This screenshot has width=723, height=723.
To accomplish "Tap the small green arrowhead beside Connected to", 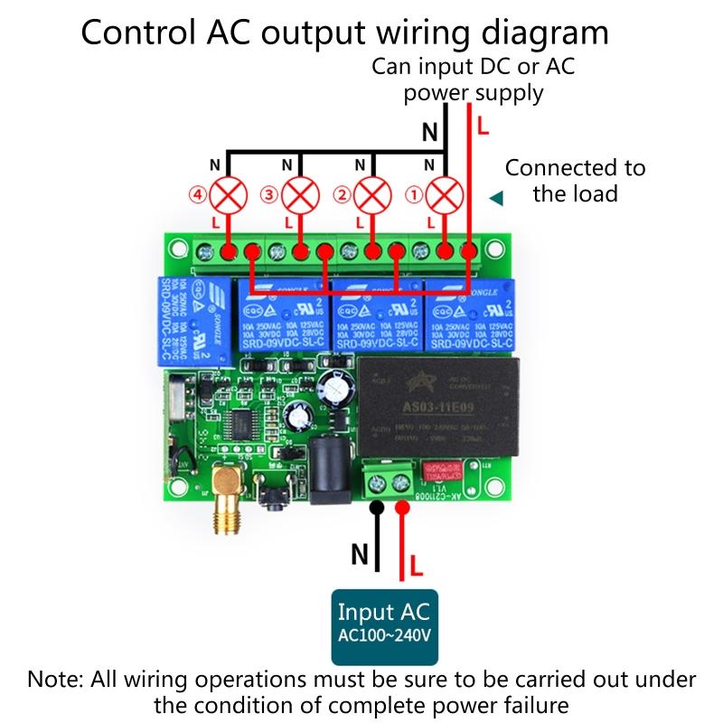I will [x=494, y=197].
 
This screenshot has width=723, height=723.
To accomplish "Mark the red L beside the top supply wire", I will [x=483, y=127].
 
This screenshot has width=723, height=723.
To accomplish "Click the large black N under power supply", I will [x=431, y=133].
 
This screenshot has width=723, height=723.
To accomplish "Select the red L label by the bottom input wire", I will [x=417, y=567].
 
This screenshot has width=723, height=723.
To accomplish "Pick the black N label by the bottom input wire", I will [x=359, y=555].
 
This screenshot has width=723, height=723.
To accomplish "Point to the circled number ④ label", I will [x=198, y=193].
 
